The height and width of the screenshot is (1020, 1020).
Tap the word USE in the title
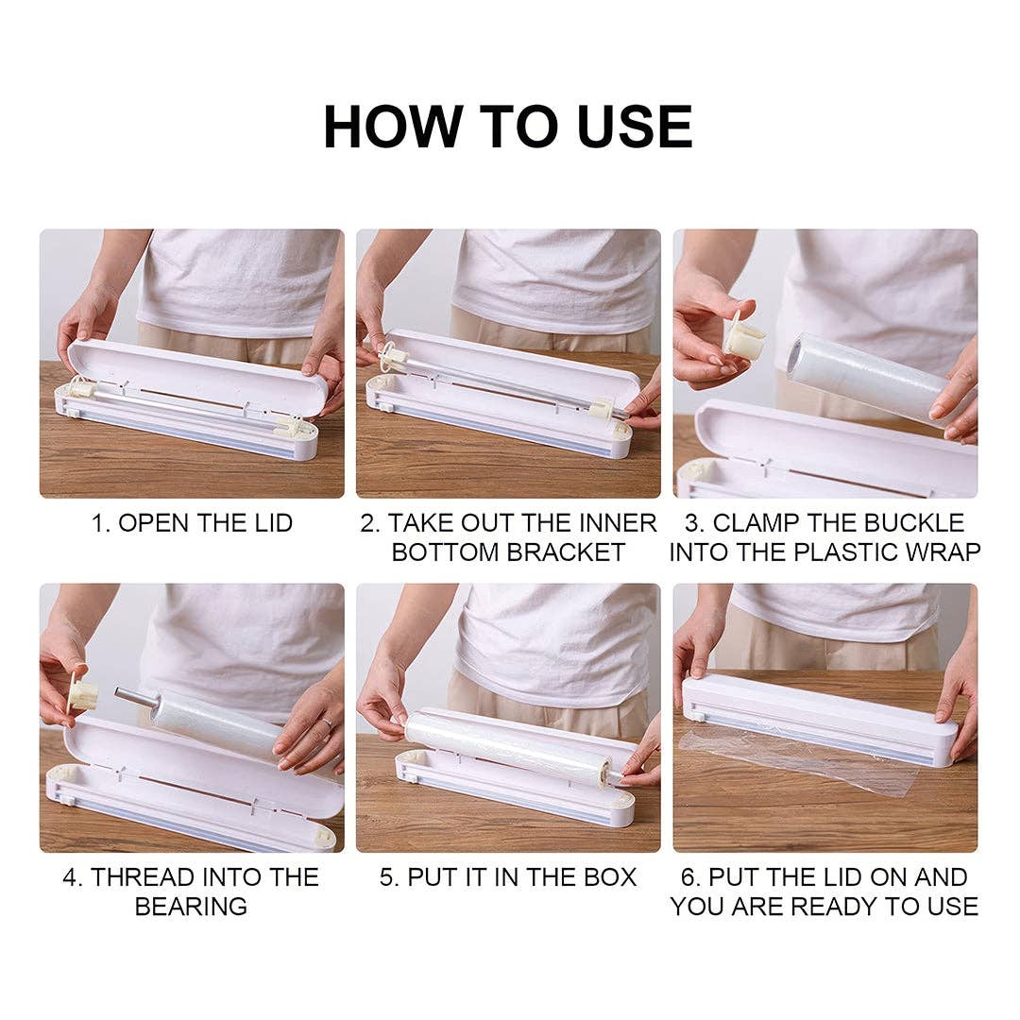point(635,127)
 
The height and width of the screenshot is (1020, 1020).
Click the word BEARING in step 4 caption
point(191,906)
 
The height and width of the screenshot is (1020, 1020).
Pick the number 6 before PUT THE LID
point(688,876)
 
